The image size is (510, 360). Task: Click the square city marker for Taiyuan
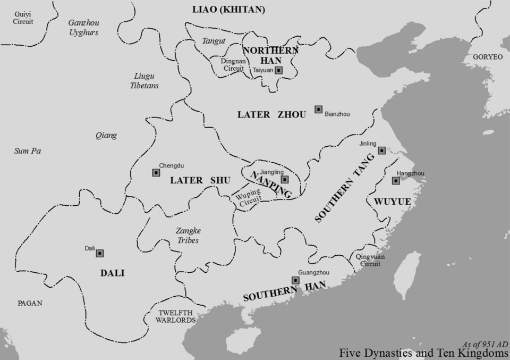pyautogui.click(x=279, y=70)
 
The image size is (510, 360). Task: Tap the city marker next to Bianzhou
pyautogui.click(x=318, y=110)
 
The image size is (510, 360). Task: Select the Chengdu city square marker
pyautogui.click(x=156, y=172)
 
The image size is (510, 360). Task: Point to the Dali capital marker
pyautogui.click(x=99, y=253)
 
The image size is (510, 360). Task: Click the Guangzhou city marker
pyautogui.click(x=295, y=280)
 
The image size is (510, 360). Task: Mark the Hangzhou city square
pyautogui.click(x=396, y=181)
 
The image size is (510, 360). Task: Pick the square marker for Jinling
pyautogui.click(x=381, y=150)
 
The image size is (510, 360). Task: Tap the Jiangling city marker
pyautogui.click(x=285, y=179)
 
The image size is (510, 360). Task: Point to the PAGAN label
pyautogui.click(x=30, y=303)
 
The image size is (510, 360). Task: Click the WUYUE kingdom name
pyautogui.click(x=392, y=202)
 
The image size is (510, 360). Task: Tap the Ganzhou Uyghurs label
pyautogui.click(x=83, y=28)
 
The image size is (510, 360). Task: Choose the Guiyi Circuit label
pyautogui.click(x=23, y=18)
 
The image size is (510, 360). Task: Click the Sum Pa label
pyautogui.click(x=27, y=151)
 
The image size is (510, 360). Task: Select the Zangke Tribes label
pyautogui.click(x=188, y=236)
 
